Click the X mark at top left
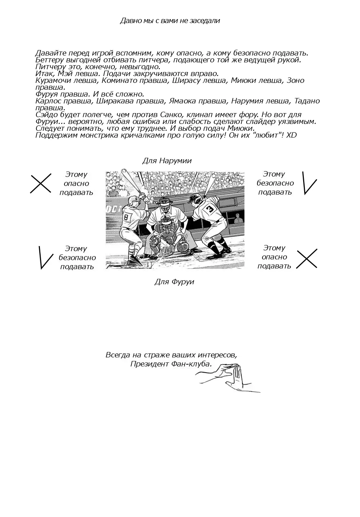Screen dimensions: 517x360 [x=40, y=183]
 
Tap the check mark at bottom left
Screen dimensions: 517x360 [x=45, y=257]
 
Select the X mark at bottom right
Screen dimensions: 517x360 [x=307, y=258]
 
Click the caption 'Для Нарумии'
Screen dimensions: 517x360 [x=167, y=161]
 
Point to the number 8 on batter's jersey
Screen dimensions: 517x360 [x=126, y=217]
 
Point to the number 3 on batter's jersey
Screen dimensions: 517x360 [x=210, y=209]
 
